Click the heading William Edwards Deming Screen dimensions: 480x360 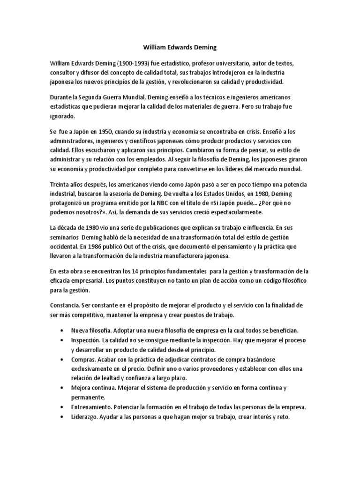pyautogui.click(x=180, y=47)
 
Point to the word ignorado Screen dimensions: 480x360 pyautogui.click(x=63, y=116)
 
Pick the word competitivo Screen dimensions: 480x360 pyautogui.click(x=92, y=315)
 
